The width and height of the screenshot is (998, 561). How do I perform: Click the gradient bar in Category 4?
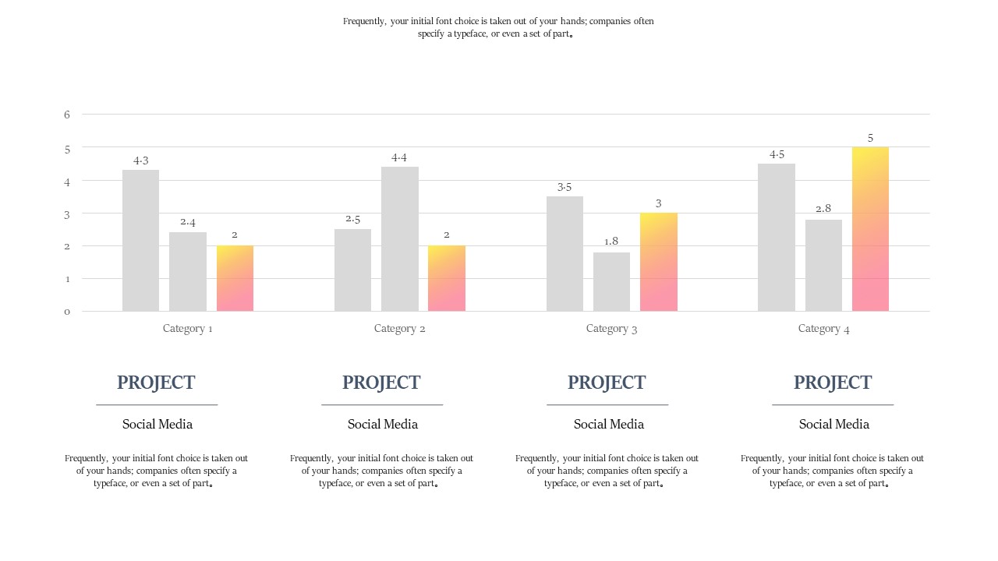point(870,229)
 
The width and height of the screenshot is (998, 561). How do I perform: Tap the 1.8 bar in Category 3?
point(611,281)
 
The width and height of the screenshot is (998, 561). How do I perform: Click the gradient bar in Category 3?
point(658,262)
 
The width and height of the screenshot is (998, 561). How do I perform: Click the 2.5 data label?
point(352,219)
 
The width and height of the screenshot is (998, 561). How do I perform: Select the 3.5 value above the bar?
point(564,187)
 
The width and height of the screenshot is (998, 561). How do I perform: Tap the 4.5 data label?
point(777,154)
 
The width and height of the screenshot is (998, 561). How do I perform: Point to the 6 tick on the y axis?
point(67,115)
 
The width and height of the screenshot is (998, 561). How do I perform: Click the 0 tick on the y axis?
point(67,312)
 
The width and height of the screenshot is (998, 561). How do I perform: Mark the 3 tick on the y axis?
point(67,213)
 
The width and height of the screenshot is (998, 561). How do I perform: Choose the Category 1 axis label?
point(187,328)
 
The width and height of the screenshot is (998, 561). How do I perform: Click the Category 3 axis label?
point(611,328)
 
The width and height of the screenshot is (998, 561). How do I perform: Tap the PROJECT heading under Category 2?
point(381,383)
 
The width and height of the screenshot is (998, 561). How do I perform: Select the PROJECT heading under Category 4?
point(833,383)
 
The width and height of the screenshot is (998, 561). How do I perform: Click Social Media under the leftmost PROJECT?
point(157,424)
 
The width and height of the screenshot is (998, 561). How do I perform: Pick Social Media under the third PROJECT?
point(608,424)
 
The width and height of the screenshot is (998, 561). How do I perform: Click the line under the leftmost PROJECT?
point(157,404)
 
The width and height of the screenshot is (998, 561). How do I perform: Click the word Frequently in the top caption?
point(363,22)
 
